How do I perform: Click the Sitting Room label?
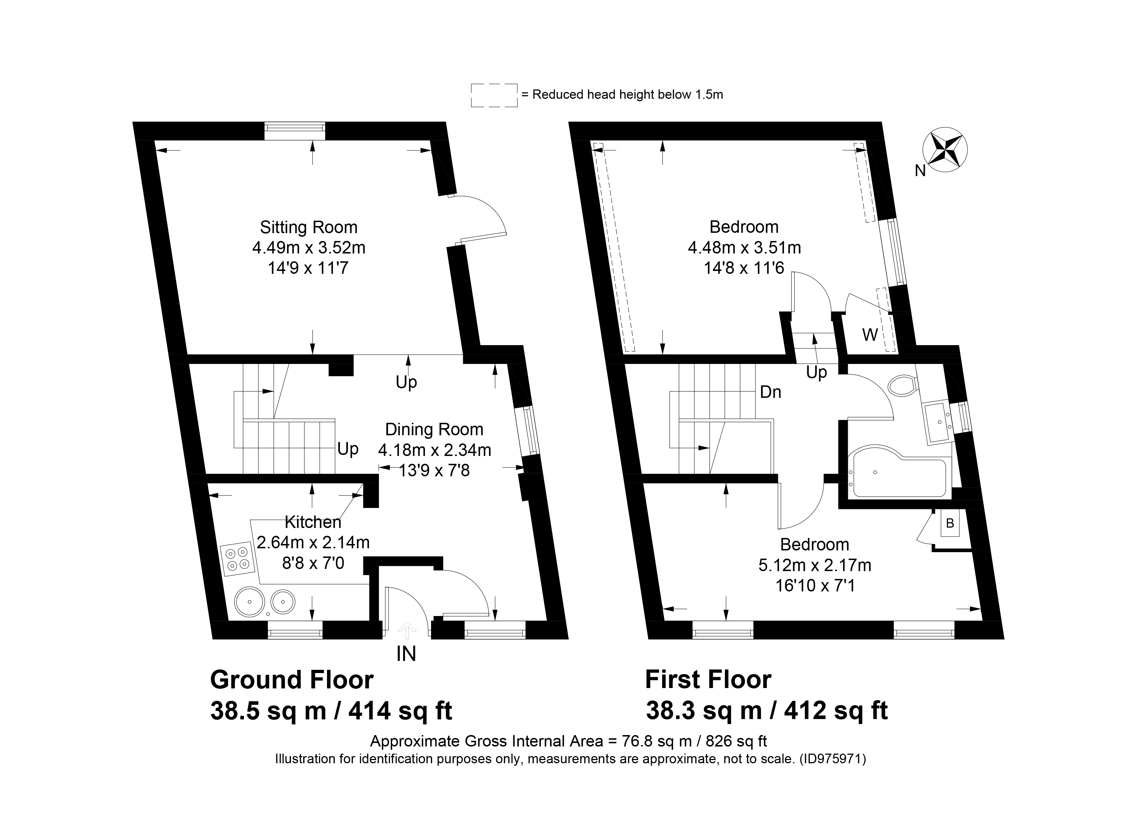tap(309, 227)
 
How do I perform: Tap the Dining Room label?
tap(434, 430)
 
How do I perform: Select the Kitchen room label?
tap(313, 522)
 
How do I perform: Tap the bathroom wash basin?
tap(937, 423)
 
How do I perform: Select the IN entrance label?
tap(406, 654)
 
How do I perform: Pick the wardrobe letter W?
tap(870, 334)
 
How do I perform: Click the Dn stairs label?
tap(770, 392)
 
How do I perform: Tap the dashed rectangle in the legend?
tap(494, 95)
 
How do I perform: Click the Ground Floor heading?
tap(292, 680)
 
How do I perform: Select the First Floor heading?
tap(708, 680)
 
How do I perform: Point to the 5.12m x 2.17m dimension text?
tap(815, 565)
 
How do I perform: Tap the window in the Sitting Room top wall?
tap(295, 131)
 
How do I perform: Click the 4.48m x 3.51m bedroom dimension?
tap(744, 248)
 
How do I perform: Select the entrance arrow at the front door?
tap(406, 631)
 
